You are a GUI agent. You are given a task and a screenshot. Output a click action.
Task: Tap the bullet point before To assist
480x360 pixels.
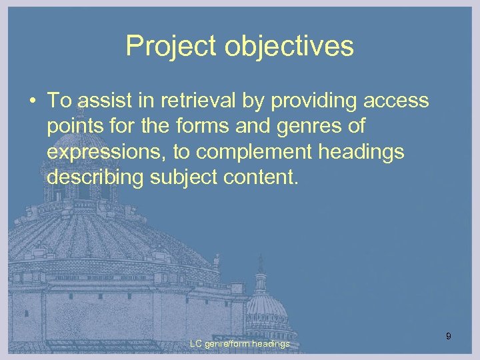(32, 101)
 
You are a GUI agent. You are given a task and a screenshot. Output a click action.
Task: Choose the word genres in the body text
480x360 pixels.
(307, 126)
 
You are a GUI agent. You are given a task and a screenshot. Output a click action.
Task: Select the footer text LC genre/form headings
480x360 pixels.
(239, 343)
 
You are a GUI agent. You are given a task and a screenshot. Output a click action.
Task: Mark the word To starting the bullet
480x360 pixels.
(59, 101)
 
